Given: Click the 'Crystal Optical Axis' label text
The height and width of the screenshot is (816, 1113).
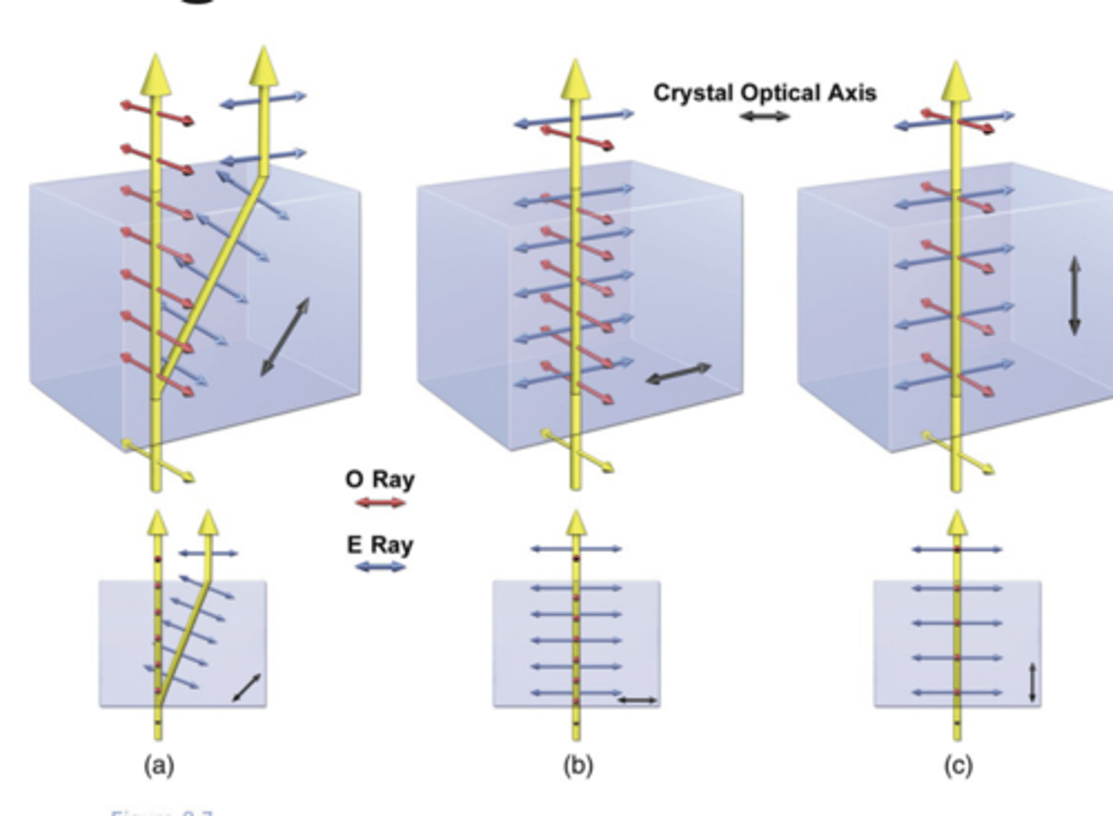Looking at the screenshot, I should tap(764, 93).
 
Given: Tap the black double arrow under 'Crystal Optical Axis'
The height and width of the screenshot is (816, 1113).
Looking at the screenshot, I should tap(764, 117).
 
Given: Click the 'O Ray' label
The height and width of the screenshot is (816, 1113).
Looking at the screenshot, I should tap(380, 479).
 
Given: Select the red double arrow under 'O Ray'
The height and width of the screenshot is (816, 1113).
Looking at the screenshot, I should tap(380, 503).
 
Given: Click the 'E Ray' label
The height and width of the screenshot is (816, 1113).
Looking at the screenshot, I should tap(380, 545).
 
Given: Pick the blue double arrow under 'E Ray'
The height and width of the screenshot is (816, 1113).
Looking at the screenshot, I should tap(380, 567).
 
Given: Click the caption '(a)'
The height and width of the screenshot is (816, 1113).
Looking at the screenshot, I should tap(159, 765).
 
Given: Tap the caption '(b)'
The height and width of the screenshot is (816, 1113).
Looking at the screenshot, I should tap(577, 765).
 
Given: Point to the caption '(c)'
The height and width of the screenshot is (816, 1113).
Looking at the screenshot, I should tap(958, 765).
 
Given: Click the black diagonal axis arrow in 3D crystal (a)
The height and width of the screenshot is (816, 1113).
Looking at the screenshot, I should tap(284, 337).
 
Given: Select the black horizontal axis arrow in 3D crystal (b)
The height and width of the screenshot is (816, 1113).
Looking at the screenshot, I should tap(678, 374).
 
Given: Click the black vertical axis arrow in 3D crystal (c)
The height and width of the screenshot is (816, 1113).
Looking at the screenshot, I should tap(1074, 296).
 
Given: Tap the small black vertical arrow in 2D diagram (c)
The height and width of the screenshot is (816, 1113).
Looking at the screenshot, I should tap(1033, 682).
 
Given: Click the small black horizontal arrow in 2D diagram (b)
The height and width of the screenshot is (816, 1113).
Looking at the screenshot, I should tap(638, 701).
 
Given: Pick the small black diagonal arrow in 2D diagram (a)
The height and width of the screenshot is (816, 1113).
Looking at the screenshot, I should tap(247, 688).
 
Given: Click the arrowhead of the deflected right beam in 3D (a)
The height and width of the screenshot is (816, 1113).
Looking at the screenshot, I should tap(264, 65).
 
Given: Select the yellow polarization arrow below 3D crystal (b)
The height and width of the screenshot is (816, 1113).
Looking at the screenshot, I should tap(577, 450).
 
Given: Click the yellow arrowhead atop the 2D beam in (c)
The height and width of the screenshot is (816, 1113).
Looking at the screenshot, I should tap(957, 522).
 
